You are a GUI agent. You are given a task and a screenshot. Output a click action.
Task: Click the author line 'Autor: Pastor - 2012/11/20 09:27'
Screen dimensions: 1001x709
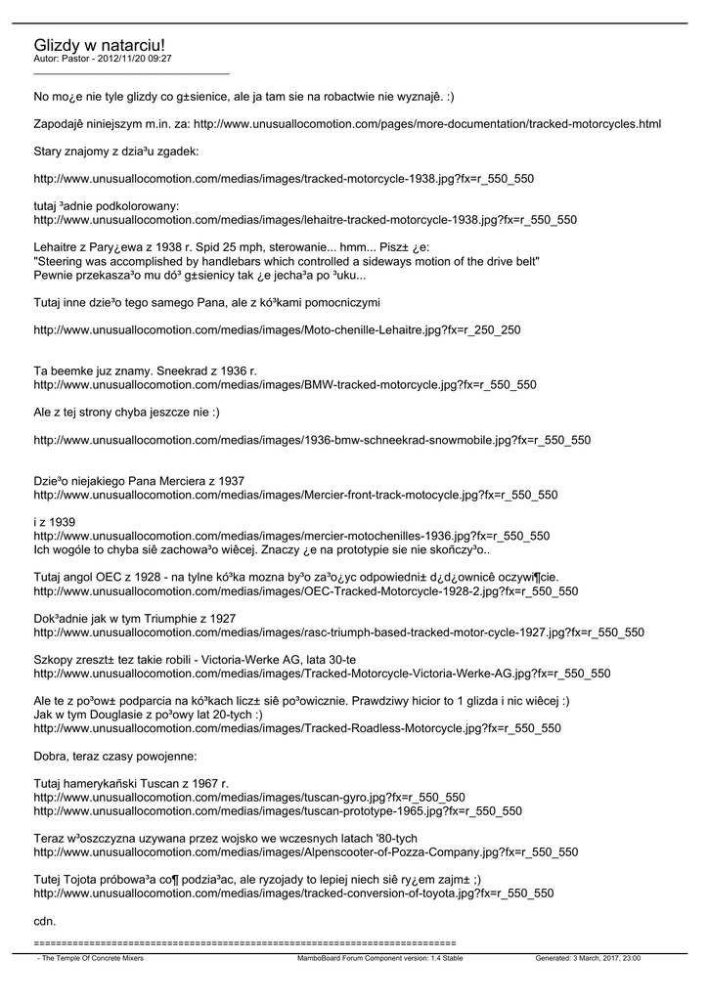103,60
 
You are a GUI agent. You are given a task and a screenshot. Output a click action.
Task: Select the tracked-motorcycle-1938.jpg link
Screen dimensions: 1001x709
284,180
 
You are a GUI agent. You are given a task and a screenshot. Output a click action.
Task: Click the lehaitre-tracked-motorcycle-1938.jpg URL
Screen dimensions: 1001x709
305,220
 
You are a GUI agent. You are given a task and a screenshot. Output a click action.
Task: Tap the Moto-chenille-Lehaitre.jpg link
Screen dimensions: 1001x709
277,330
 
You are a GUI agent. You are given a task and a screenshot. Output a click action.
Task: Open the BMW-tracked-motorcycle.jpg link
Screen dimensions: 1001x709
285,385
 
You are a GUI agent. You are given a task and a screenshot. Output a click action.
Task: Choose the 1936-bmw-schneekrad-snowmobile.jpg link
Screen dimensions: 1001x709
312,440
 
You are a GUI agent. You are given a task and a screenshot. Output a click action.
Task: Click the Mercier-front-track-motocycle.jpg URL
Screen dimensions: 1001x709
295,496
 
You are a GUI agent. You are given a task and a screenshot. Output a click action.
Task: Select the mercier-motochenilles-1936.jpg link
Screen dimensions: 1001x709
291,537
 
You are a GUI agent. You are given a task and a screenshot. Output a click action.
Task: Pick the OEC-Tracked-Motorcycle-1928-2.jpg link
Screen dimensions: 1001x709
305,591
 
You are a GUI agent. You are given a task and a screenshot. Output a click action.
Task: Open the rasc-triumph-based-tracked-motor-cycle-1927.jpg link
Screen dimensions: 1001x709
338,632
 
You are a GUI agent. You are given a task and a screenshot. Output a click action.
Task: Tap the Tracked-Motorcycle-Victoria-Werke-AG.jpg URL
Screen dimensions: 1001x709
322,674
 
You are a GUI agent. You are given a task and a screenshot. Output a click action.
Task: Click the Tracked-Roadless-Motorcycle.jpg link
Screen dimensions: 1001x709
297,728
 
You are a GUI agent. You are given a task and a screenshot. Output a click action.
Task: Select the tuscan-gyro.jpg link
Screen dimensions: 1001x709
249,798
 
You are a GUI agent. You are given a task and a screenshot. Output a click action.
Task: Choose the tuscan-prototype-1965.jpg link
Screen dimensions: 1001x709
278,811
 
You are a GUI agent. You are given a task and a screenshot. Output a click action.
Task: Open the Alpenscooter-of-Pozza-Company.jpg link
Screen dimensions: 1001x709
305,852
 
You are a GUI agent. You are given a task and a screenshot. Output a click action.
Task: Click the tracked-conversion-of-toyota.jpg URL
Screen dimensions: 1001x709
293,893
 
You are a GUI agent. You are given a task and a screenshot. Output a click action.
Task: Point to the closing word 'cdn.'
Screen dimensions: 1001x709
45,921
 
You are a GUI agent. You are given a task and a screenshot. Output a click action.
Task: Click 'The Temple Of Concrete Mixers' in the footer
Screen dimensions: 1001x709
91,959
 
